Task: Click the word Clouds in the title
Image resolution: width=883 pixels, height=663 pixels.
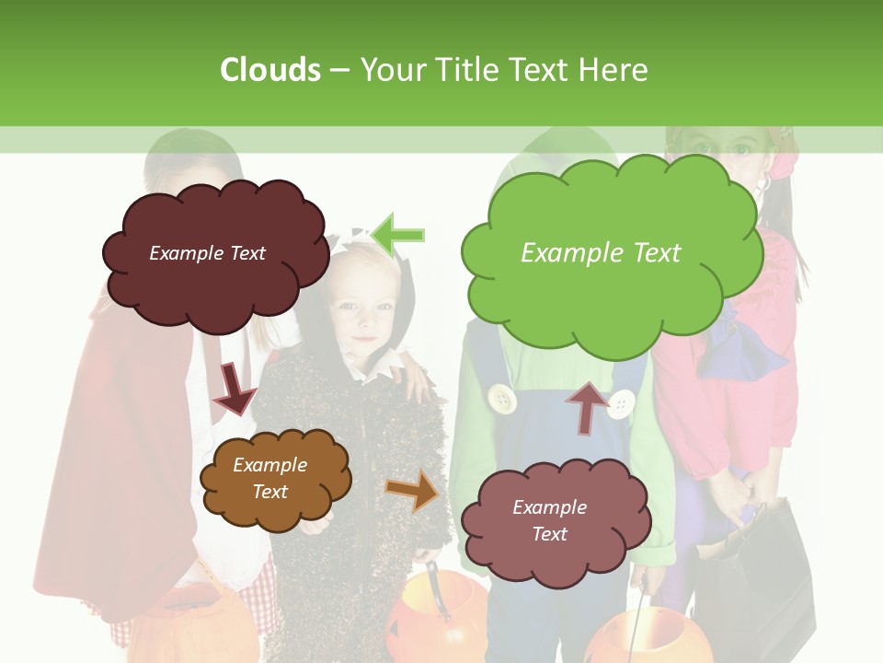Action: tap(269, 70)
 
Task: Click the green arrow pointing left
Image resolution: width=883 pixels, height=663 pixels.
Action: tap(399, 235)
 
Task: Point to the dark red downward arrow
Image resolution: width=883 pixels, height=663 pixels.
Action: tap(234, 388)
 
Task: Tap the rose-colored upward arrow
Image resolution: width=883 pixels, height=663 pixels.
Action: tap(587, 406)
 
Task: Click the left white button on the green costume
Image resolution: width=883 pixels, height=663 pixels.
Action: tap(501, 398)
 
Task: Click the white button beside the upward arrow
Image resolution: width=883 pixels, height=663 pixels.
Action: tap(623, 403)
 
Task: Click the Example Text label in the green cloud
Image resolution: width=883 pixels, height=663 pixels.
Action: tap(601, 253)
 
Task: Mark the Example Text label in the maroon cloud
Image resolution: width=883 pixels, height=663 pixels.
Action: tap(207, 253)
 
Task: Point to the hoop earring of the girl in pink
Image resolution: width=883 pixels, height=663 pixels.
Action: tap(763, 183)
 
